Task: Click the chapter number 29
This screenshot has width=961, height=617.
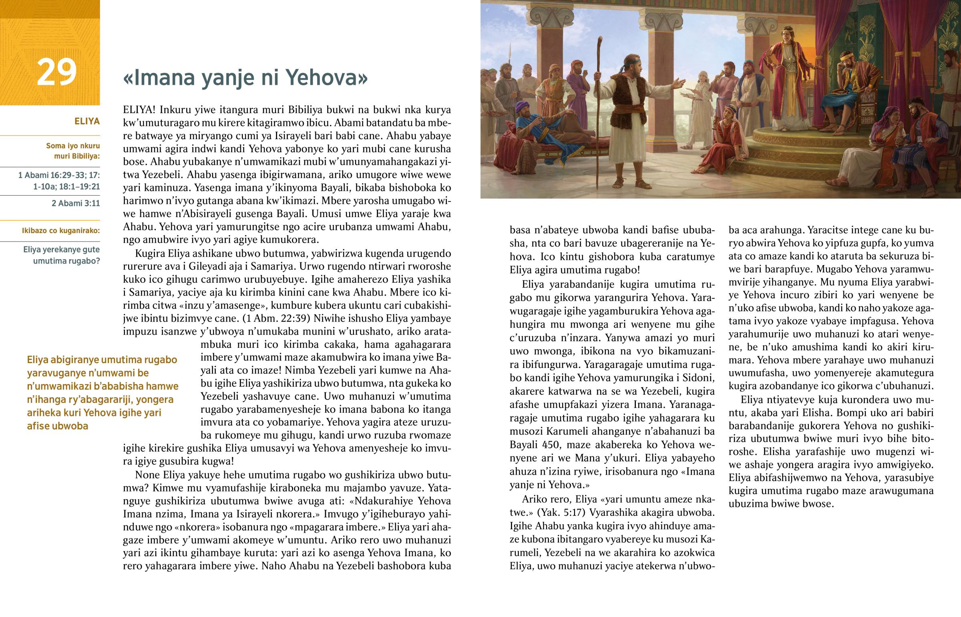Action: point(56,72)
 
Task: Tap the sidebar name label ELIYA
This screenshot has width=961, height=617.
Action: point(86,121)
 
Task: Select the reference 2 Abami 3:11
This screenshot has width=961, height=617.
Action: point(75,203)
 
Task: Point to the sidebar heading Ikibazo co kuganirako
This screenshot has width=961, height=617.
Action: point(60,230)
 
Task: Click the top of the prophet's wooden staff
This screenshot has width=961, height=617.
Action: point(600,40)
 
